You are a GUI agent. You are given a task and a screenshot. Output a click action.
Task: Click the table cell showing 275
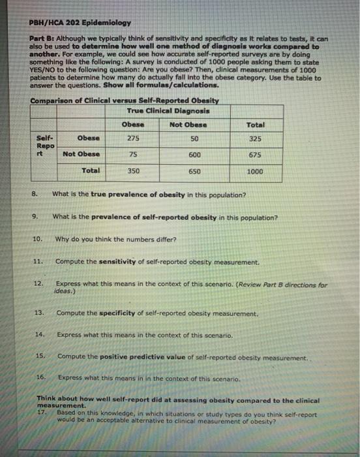click(132, 138)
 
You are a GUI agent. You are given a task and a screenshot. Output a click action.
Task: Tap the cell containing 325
click(255, 138)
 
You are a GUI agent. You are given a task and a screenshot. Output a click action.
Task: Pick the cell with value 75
click(132, 154)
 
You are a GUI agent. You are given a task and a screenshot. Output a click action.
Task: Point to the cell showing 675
click(255, 154)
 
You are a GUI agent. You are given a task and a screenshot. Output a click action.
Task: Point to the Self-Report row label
click(45, 146)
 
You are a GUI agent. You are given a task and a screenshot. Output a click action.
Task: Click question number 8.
click(34, 194)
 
